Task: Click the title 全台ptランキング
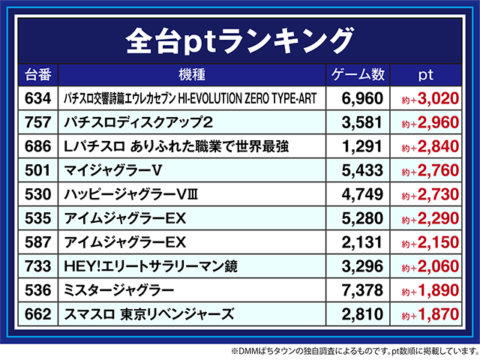239,38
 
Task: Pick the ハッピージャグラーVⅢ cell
134,194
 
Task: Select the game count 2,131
362,242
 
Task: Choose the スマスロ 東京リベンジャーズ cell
150,314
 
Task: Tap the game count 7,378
362,290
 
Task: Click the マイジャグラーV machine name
120,170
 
